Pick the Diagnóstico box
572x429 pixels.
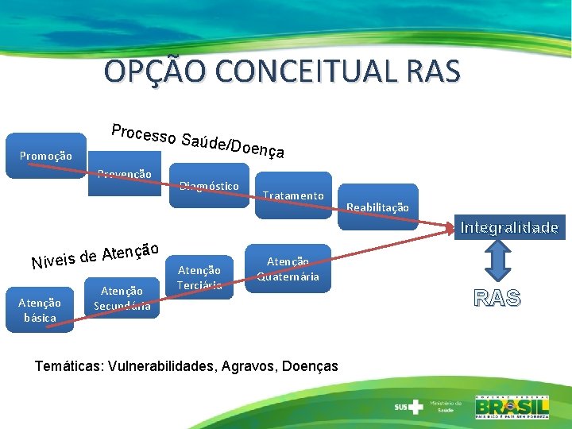pos(209,187)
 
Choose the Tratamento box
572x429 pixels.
pos(293,195)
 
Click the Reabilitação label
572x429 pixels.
pos(377,207)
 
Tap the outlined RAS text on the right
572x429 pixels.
pos(497,298)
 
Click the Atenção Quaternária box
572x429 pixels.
pos(288,269)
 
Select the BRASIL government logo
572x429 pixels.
pos(512,406)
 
